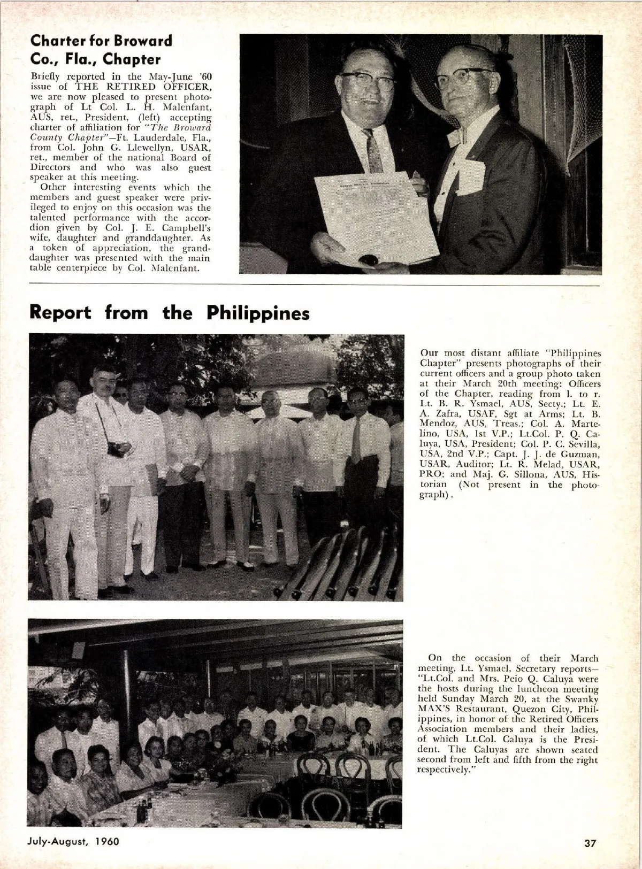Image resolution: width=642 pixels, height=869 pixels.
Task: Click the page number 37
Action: click(590, 843)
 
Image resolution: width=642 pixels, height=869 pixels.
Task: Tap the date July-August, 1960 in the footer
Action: click(73, 841)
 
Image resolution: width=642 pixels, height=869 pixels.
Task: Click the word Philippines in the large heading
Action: click(258, 313)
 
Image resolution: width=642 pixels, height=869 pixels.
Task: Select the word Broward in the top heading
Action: click(143, 41)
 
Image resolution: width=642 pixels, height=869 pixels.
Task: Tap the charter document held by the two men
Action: click(374, 217)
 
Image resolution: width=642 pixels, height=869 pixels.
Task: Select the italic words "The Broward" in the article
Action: click(180, 127)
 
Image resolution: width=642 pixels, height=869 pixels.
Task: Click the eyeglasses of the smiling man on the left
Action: click(368, 80)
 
